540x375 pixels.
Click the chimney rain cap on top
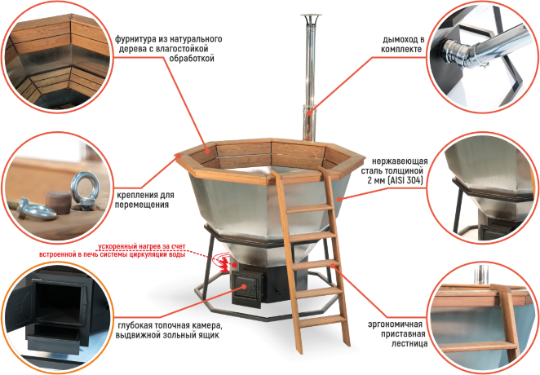pos(311,17)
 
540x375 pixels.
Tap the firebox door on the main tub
pos(247,287)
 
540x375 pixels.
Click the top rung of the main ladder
pos(309,209)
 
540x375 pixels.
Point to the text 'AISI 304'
pos(405,180)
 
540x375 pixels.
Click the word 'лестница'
pos(409,343)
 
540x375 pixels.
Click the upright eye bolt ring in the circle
pos(85,188)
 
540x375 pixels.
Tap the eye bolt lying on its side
pos(36,210)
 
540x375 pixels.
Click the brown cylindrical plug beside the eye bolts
pos(59,203)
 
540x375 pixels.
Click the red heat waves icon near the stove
pos(223,262)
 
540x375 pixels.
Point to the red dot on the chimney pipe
pos(309,112)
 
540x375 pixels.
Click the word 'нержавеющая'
pos(400,161)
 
